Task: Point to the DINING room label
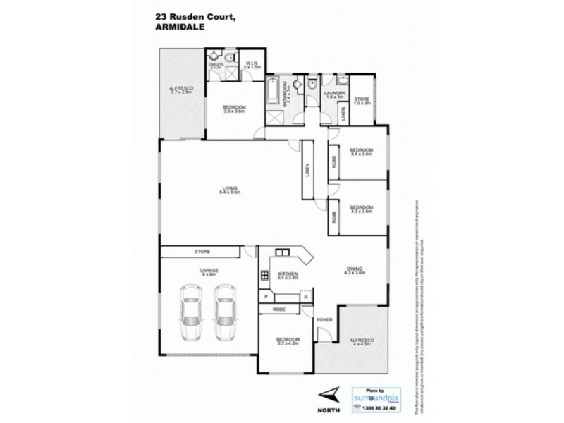pyautogui.click(x=355, y=269)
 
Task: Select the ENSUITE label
pyautogui.click(x=216, y=66)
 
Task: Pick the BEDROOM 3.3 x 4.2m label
pyautogui.click(x=287, y=341)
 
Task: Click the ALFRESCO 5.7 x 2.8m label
pyautogui.click(x=181, y=90)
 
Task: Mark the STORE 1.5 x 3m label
pyautogui.click(x=362, y=101)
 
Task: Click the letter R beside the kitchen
pyautogui.click(x=305, y=298)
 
